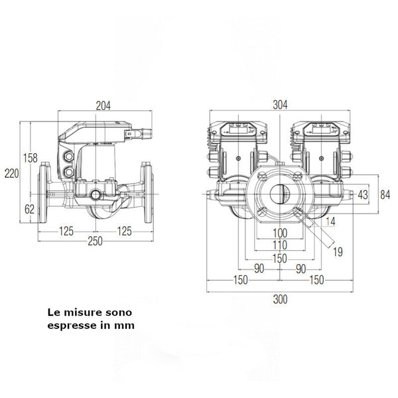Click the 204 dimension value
pos(102,105)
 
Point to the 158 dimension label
pos(30,158)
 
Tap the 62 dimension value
pos(30,209)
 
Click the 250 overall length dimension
pos(96,241)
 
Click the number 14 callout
pos(330,221)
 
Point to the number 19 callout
pos(338,251)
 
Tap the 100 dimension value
pos(280,233)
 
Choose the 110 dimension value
pos(280,245)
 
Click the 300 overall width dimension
pos(280,300)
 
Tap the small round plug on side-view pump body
pos(97,195)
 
